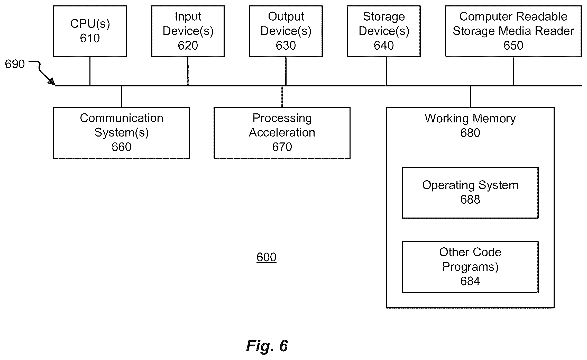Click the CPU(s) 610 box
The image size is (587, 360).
coord(90,31)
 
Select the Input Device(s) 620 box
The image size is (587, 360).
coord(188,31)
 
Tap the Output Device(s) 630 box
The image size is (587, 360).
coord(286,31)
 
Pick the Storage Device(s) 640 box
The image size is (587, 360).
coord(384,31)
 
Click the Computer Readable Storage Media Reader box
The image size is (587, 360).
coord(513,31)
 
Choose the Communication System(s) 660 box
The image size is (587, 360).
coord(122,133)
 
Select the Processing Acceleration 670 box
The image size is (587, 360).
coord(282,133)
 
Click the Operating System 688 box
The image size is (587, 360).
coord(470,193)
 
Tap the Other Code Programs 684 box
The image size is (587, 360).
coord(470,267)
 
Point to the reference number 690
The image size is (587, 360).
coord(15,64)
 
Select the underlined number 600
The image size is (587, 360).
coord(266,257)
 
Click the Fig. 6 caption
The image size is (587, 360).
coord(267,346)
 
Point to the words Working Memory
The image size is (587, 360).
coord(470,119)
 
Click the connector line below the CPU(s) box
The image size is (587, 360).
coord(90,71)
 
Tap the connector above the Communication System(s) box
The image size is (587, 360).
coord(122,97)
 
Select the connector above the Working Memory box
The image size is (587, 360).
coord(470,97)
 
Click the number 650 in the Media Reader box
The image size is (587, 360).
coord(513,46)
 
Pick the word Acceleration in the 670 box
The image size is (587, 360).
coord(282,133)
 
